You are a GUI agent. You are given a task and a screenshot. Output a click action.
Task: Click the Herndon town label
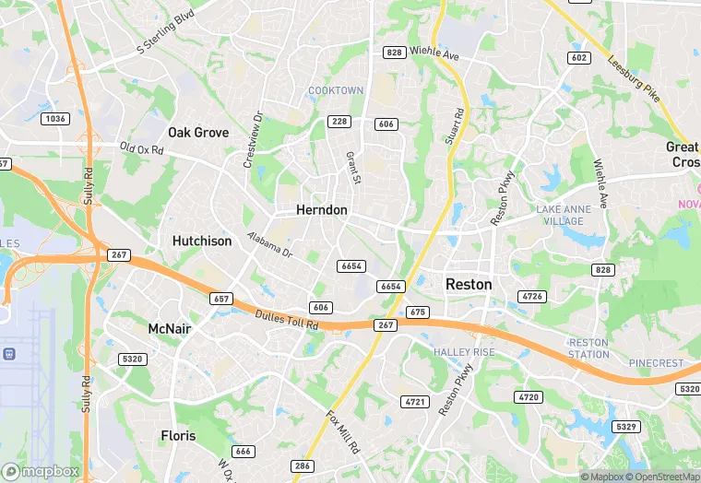(322, 210)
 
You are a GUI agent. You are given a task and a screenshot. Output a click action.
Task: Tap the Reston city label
(469, 285)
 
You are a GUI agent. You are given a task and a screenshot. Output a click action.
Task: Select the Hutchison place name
(202, 241)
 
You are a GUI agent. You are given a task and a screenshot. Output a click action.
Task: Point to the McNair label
(169, 328)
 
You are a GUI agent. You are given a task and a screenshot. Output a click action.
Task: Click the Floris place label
(178, 435)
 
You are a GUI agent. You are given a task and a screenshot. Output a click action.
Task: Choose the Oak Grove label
(198, 133)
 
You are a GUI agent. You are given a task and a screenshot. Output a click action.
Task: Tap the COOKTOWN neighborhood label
(336, 90)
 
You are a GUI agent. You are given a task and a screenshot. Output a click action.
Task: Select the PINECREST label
(656, 363)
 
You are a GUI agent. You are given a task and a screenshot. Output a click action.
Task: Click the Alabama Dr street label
(268, 245)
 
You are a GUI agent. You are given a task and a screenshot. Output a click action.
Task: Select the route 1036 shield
(56, 119)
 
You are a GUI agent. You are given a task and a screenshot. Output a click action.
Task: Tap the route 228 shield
(339, 122)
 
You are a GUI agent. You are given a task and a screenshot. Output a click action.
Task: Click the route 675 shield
(417, 312)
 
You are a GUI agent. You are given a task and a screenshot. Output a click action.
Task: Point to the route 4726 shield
(532, 296)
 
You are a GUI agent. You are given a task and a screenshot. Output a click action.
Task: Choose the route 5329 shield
(626, 426)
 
